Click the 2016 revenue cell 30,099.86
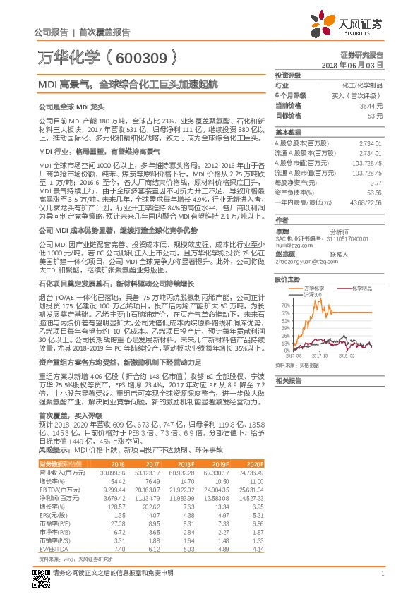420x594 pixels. coord(112,471)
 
